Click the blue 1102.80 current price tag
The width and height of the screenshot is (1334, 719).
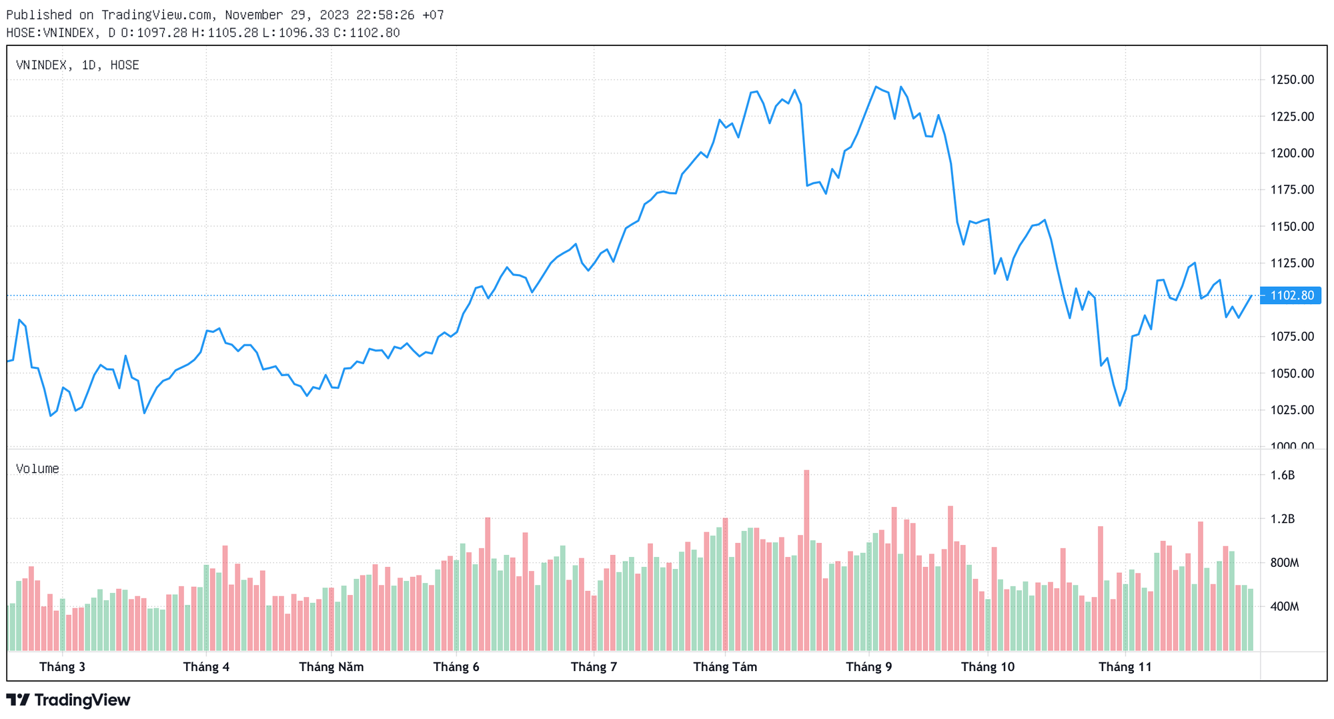[x=1292, y=295]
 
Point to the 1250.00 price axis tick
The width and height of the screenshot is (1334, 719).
[x=1292, y=80]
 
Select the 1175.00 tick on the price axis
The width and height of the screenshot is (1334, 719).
[x=1292, y=190]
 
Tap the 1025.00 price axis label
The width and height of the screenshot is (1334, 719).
[x=1292, y=410]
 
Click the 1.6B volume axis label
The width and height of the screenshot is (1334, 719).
[x=1282, y=476]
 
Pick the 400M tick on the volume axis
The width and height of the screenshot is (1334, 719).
[x=1284, y=607]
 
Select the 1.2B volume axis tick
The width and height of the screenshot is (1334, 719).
[x=1282, y=519]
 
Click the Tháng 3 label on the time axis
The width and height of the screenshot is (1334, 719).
[x=62, y=667]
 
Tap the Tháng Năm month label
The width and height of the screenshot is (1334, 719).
[x=331, y=667]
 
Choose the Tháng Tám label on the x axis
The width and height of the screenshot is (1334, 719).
[x=725, y=667]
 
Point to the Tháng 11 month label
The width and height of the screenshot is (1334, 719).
[x=1125, y=667]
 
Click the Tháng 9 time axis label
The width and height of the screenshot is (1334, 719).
[x=868, y=667]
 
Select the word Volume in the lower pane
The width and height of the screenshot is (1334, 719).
[x=37, y=469]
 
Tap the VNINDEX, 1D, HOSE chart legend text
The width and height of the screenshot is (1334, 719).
[x=77, y=65]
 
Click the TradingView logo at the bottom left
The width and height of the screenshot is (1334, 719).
[x=68, y=700]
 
